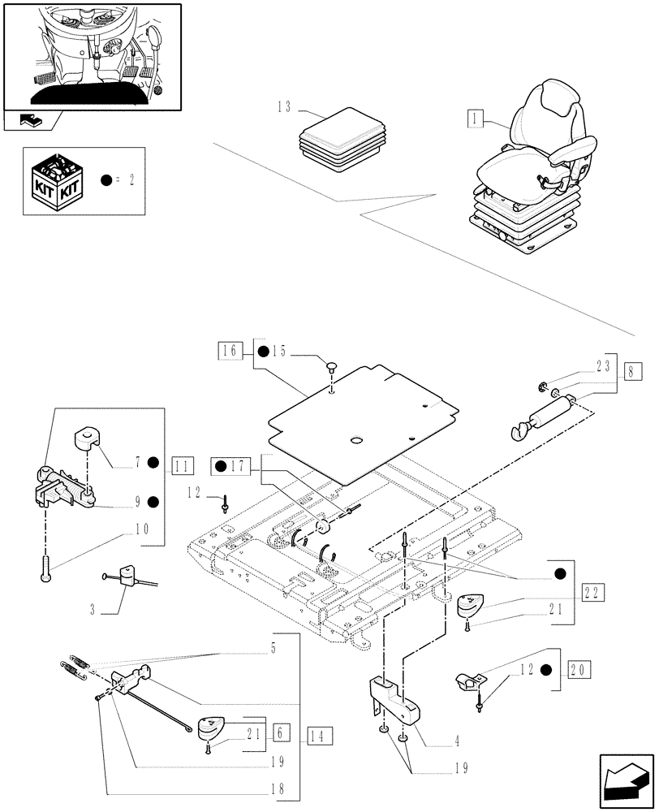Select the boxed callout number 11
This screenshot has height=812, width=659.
(183, 465)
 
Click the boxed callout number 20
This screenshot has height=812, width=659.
(580, 670)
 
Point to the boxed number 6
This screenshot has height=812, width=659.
(280, 732)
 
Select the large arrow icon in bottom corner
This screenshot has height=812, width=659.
(624, 776)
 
